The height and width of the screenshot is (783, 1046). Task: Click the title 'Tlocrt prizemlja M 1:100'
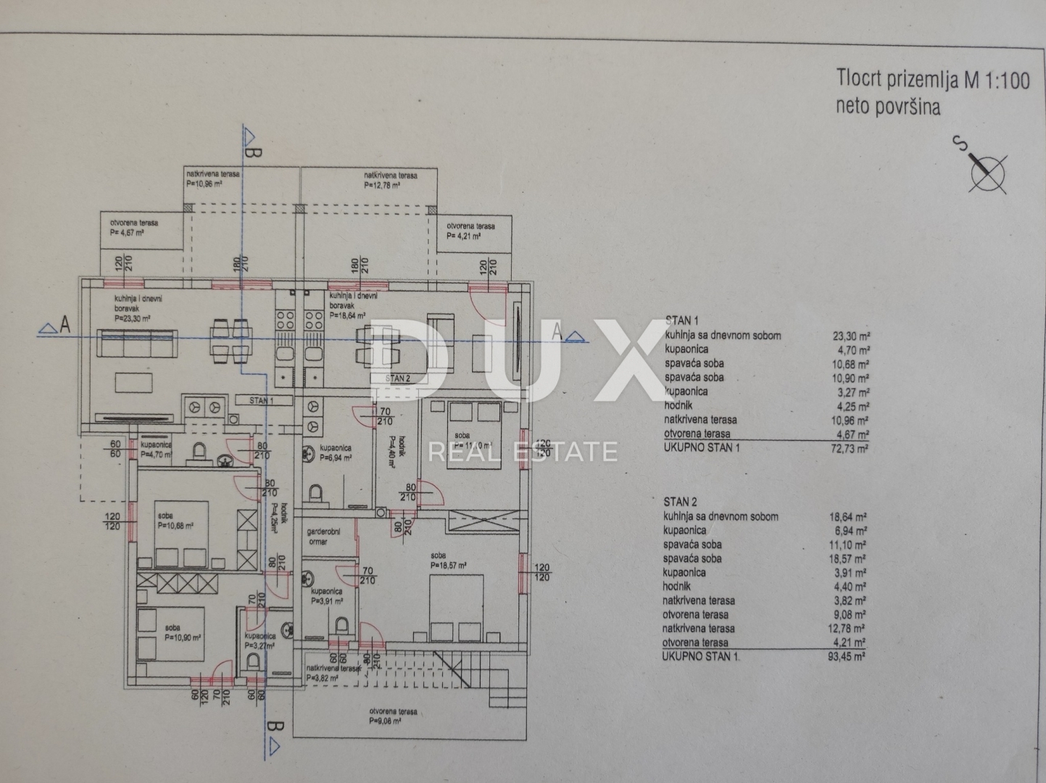click(x=933, y=79)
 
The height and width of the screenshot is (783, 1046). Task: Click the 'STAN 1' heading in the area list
click(x=681, y=320)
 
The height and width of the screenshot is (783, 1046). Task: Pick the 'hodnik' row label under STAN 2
click(x=676, y=587)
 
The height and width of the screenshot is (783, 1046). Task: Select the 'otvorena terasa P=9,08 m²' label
click(x=392, y=716)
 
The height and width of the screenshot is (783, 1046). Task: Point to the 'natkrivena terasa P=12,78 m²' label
click(x=390, y=180)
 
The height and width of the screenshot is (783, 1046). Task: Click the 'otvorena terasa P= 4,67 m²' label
click(x=134, y=228)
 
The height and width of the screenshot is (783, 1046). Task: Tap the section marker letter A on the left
click(x=65, y=326)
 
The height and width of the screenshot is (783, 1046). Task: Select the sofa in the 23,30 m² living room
click(x=138, y=344)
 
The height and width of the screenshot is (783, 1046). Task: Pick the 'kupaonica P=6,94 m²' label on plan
click(x=336, y=452)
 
